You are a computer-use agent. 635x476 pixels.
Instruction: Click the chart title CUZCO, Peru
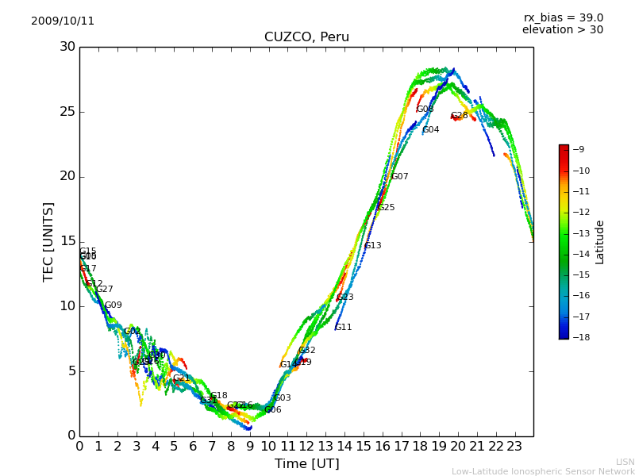(x=306, y=37)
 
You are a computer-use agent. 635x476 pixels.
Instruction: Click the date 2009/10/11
(x=63, y=21)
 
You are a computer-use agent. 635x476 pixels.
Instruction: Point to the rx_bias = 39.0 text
(x=563, y=18)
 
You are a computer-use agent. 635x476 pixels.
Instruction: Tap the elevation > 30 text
(x=562, y=30)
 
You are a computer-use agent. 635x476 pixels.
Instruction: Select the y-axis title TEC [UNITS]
(x=48, y=241)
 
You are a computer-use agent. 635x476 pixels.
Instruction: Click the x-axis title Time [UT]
(x=306, y=463)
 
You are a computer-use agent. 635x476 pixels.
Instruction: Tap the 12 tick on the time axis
(x=306, y=447)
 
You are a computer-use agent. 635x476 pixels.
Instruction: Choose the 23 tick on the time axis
(x=514, y=447)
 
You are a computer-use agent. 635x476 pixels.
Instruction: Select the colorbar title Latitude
(x=600, y=242)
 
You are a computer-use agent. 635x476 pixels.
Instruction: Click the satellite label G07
(x=400, y=177)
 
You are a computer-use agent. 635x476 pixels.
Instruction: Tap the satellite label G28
(x=460, y=116)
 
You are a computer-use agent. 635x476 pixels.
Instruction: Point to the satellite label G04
(x=430, y=130)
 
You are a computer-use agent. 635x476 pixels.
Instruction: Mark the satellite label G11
(x=343, y=328)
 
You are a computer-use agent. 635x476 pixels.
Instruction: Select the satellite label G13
(x=373, y=246)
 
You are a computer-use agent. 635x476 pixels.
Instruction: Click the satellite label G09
(x=114, y=305)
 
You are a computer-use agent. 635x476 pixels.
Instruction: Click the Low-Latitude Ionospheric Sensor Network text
(x=543, y=472)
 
